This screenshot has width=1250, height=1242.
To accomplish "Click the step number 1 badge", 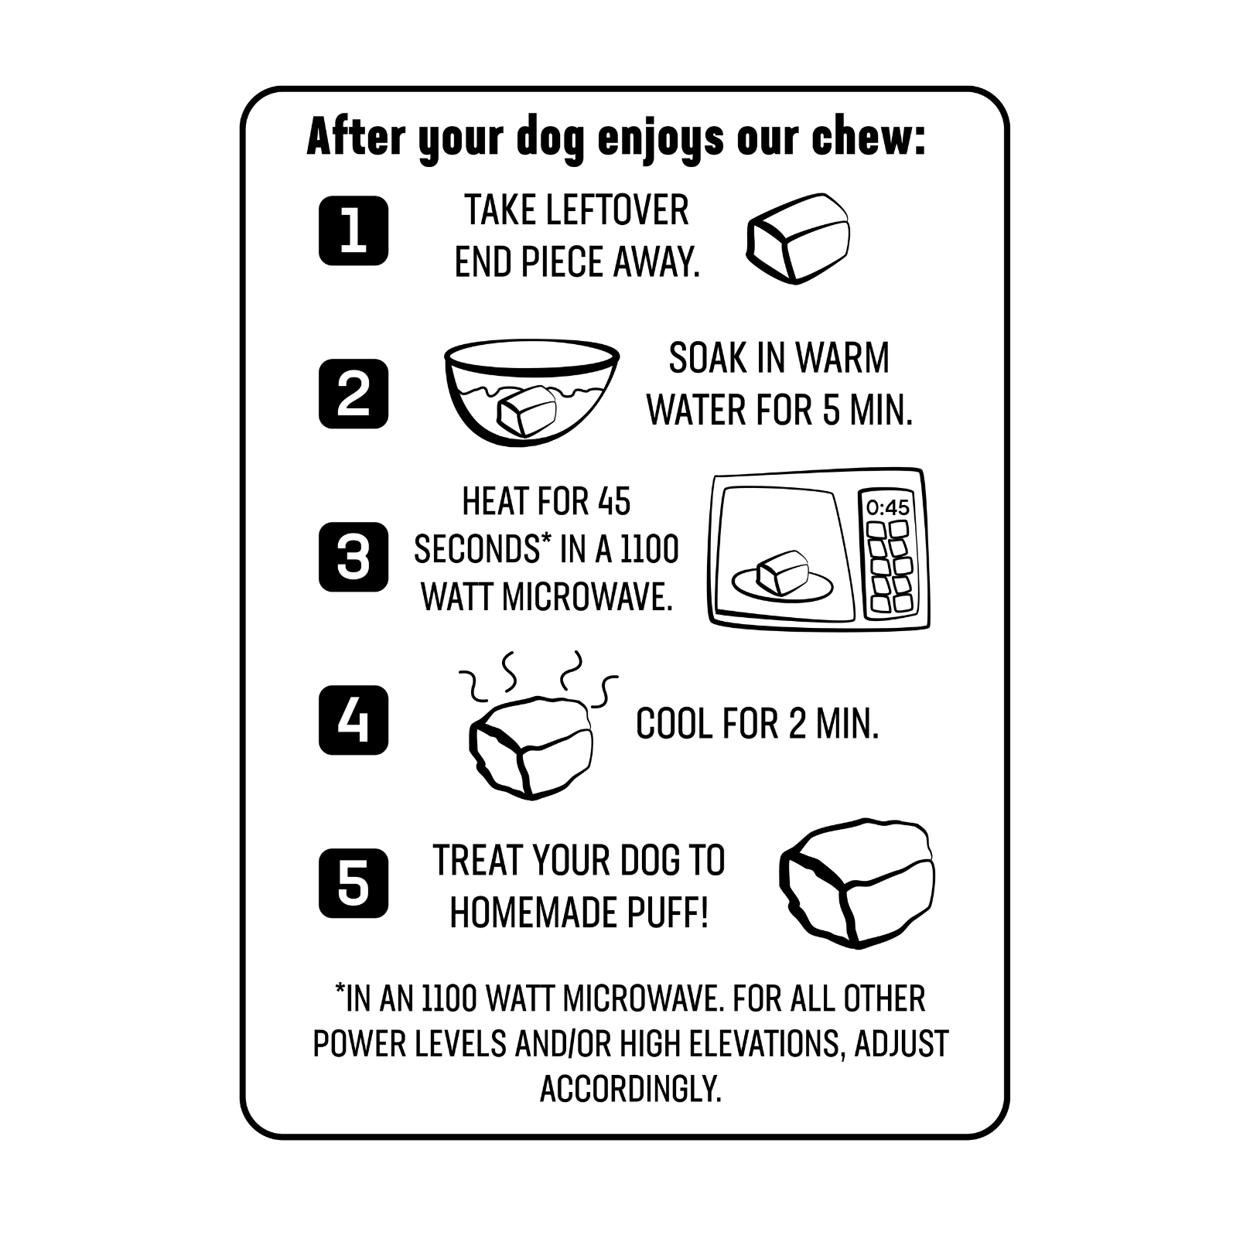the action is (353, 230).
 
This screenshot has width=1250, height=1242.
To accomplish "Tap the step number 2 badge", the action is (353, 394).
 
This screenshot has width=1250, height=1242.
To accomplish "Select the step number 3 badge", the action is (353, 557).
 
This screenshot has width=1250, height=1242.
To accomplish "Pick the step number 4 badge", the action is (353, 720).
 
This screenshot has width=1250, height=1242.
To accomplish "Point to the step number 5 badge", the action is (353, 883).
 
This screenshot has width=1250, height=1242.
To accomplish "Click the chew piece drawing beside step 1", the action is (798, 237).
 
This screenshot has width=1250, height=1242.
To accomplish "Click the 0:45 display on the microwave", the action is (888, 507).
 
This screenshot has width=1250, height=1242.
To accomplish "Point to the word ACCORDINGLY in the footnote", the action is (630, 1089).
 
